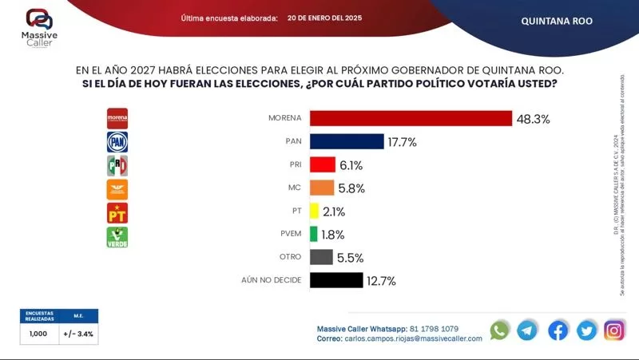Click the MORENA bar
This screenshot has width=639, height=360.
point(411,118)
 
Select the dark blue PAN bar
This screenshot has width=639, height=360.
point(347,141)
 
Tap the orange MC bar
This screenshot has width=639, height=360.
point(322,188)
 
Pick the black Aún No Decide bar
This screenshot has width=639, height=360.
point(336,280)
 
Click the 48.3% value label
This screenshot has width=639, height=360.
point(533,119)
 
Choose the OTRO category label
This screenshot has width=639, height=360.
point(288,257)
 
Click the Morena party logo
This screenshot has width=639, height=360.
point(117,118)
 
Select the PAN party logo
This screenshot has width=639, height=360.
point(117,142)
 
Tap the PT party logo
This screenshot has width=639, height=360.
point(117,212)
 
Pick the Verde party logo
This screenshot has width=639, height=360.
point(117,236)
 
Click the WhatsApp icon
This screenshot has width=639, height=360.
point(500,330)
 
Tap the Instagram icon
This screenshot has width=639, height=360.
point(614,330)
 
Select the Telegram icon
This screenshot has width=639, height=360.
point(527,330)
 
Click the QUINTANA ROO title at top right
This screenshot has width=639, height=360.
point(557,21)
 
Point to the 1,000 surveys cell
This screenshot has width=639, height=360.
point(39,334)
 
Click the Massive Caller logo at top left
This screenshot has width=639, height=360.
point(38,26)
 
